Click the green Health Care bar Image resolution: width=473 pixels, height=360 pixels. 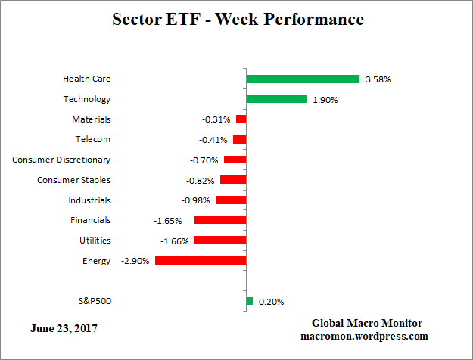pyautogui.click(x=302, y=79)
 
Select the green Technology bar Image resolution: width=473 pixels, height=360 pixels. pyautogui.click(x=276, y=99)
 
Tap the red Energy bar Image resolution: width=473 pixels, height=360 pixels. pyautogui.click(x=201, y=260)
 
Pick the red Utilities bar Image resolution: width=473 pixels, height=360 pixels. pyautogui.click(x=219, y=240)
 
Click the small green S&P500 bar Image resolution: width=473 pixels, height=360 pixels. pyautogui.click(x=249, y=301)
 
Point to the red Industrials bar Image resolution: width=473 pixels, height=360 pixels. pyautogui.click(x=231, y=200)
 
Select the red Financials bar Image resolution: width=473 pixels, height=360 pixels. pyautogui.click(x=219, y=220)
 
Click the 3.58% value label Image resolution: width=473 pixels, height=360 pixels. pyautogui.click(x=378, y=79)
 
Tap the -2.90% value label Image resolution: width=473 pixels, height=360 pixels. pyautogui.click(x=135, y=260)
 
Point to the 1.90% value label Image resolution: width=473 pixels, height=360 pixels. pyautogui.click(x=325, y=99)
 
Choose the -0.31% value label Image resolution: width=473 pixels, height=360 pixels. pyautogui.click(x=216, y=119)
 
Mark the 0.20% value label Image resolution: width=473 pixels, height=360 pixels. pyautogui.click(x=271, y=301)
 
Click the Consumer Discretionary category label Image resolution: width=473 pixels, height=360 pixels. pyautogui.click(x=61, y=160)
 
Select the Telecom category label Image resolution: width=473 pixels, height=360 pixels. pyautogui.click(x=92, y=139)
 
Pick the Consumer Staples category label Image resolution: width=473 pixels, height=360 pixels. pyautogui.click(x=74, y=180)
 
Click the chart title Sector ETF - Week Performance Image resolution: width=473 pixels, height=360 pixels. pyautogui.click(x=238, y=19)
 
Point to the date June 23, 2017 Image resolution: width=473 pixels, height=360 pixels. pyautogui.click(x=64, y=329)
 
